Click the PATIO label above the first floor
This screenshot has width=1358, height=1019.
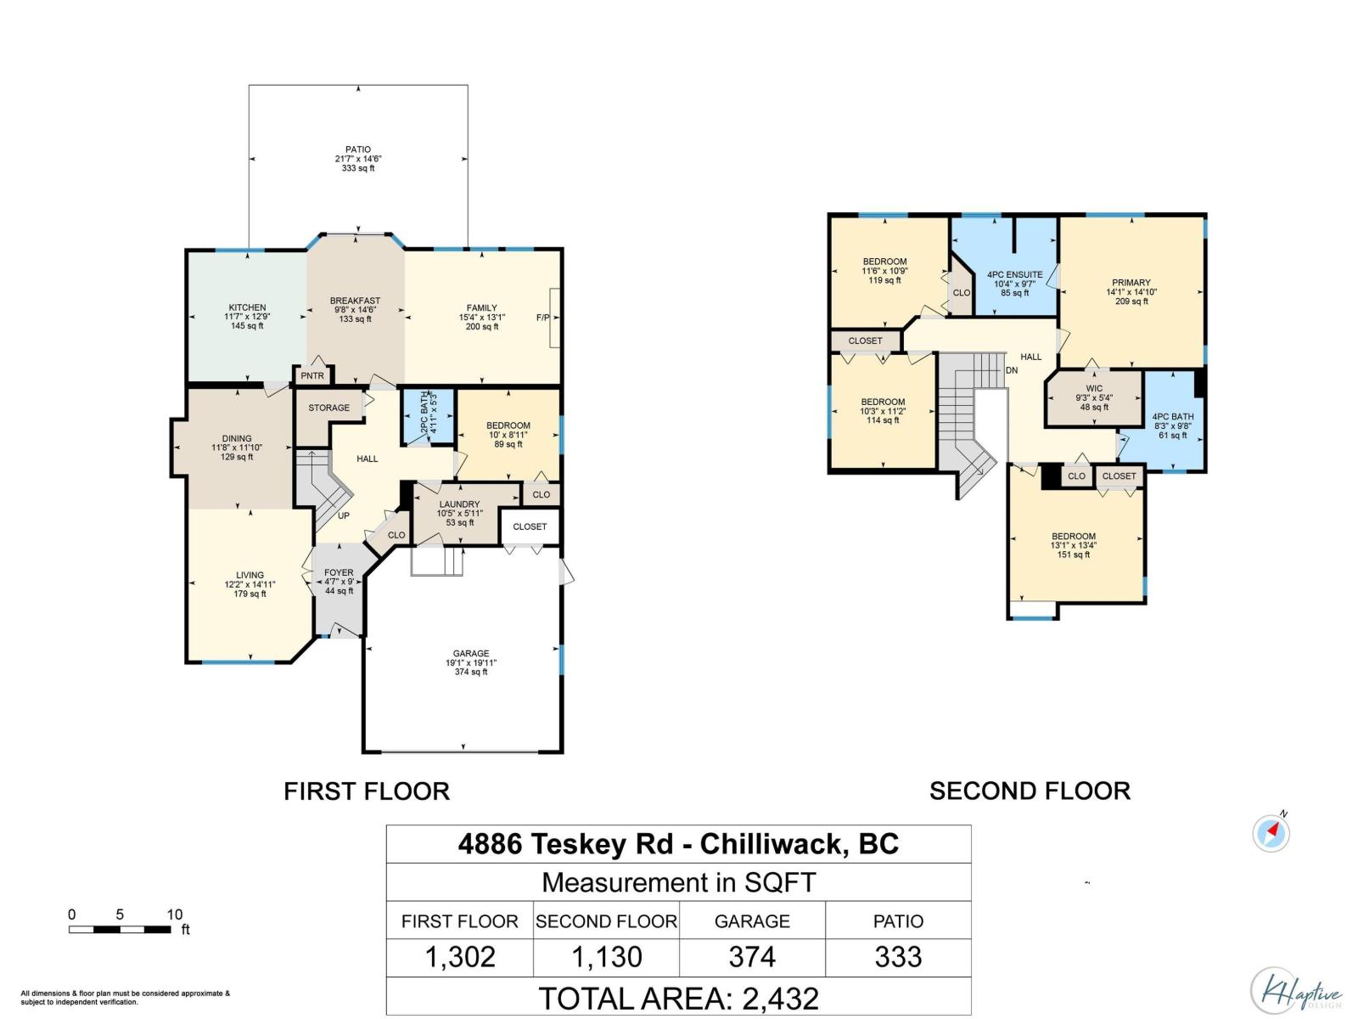coord(358,149)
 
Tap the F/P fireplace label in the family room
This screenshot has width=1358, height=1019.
coord(542,318)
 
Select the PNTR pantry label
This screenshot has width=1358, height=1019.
coord(312,376)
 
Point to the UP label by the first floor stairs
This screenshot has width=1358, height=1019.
coord(344,515)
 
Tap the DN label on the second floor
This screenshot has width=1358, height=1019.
coord(1012,370)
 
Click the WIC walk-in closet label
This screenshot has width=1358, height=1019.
coord(1094,389)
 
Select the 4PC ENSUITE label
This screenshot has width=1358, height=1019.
coord(1014,275)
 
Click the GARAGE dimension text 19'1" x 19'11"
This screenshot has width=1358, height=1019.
coord(471,663)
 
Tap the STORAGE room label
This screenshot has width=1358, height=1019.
coord(328,408)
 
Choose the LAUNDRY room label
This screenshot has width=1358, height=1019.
coord(459,504)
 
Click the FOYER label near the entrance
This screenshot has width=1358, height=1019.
coord(339,573)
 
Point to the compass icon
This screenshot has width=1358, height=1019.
coord(1271,832)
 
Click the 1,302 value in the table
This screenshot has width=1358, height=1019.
coord(460,957)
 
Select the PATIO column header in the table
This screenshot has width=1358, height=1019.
coord(898,921)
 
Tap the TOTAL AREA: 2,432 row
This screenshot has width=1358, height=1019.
coord(678,998)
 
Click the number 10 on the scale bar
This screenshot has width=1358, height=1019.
coord(174,915)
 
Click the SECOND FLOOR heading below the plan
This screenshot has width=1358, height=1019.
coord(1030,791)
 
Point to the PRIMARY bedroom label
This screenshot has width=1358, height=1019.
coord(1131,283)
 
